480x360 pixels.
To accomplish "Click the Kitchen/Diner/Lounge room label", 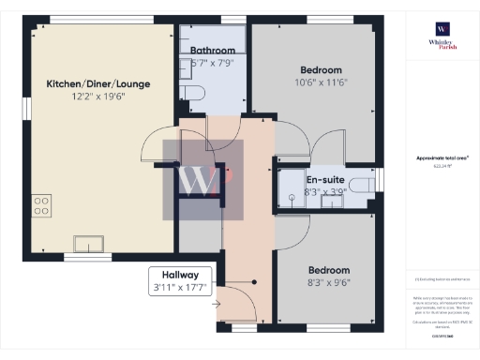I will (98, 83).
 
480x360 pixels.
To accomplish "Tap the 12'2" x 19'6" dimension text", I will (98, 97).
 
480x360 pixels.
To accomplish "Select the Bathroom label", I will (212, 50).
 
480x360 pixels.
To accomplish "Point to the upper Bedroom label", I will (321, 70).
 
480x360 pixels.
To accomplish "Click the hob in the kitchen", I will (41, 204).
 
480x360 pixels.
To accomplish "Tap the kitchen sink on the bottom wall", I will (90, 243).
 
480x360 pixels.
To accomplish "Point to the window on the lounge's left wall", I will (28, 107).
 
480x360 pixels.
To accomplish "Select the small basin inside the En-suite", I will (333, 199).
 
